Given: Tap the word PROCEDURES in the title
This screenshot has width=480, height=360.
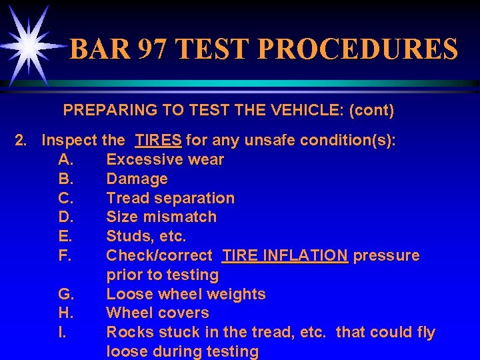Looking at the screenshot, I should (x=357, y=50).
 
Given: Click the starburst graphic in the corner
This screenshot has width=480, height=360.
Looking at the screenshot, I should (x=28, y=43).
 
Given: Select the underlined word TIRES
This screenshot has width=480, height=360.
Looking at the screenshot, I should (x=158, y=141).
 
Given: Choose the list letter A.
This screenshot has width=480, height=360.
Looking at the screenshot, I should (x=65, y=159).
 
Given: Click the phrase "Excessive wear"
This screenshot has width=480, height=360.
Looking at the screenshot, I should (x=165, y=159).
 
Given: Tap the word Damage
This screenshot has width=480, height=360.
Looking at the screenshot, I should (x=137, y=179).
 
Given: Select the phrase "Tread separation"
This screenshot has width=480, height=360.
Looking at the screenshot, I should (x=170, y=198).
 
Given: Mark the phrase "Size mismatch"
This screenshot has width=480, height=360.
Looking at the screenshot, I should (x=161, y=217).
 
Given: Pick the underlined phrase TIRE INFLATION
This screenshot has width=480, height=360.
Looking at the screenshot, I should (x=285, y=255).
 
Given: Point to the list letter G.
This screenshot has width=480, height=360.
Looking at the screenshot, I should (x=65, y=294).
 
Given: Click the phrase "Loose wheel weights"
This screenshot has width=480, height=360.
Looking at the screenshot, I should (x=186, y=294).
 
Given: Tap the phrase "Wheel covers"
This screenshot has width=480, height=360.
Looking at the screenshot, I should (x=157, y=313).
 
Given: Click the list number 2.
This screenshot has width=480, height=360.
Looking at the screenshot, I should (x=22, y=141).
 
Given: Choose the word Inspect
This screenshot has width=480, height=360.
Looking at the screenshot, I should (x=69, y=141).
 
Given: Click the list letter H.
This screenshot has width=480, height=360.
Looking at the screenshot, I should (x=65, y=313).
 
